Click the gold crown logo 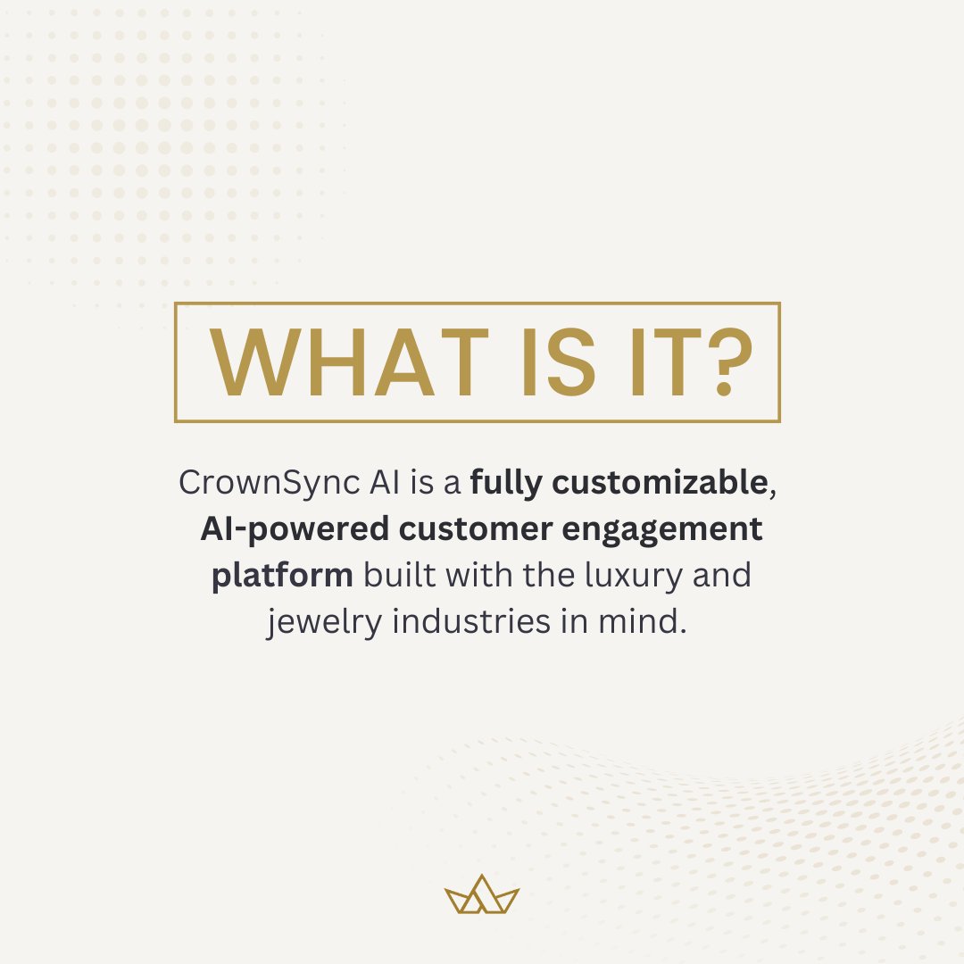[x=482, y=894]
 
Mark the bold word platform [x=282, y=576]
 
